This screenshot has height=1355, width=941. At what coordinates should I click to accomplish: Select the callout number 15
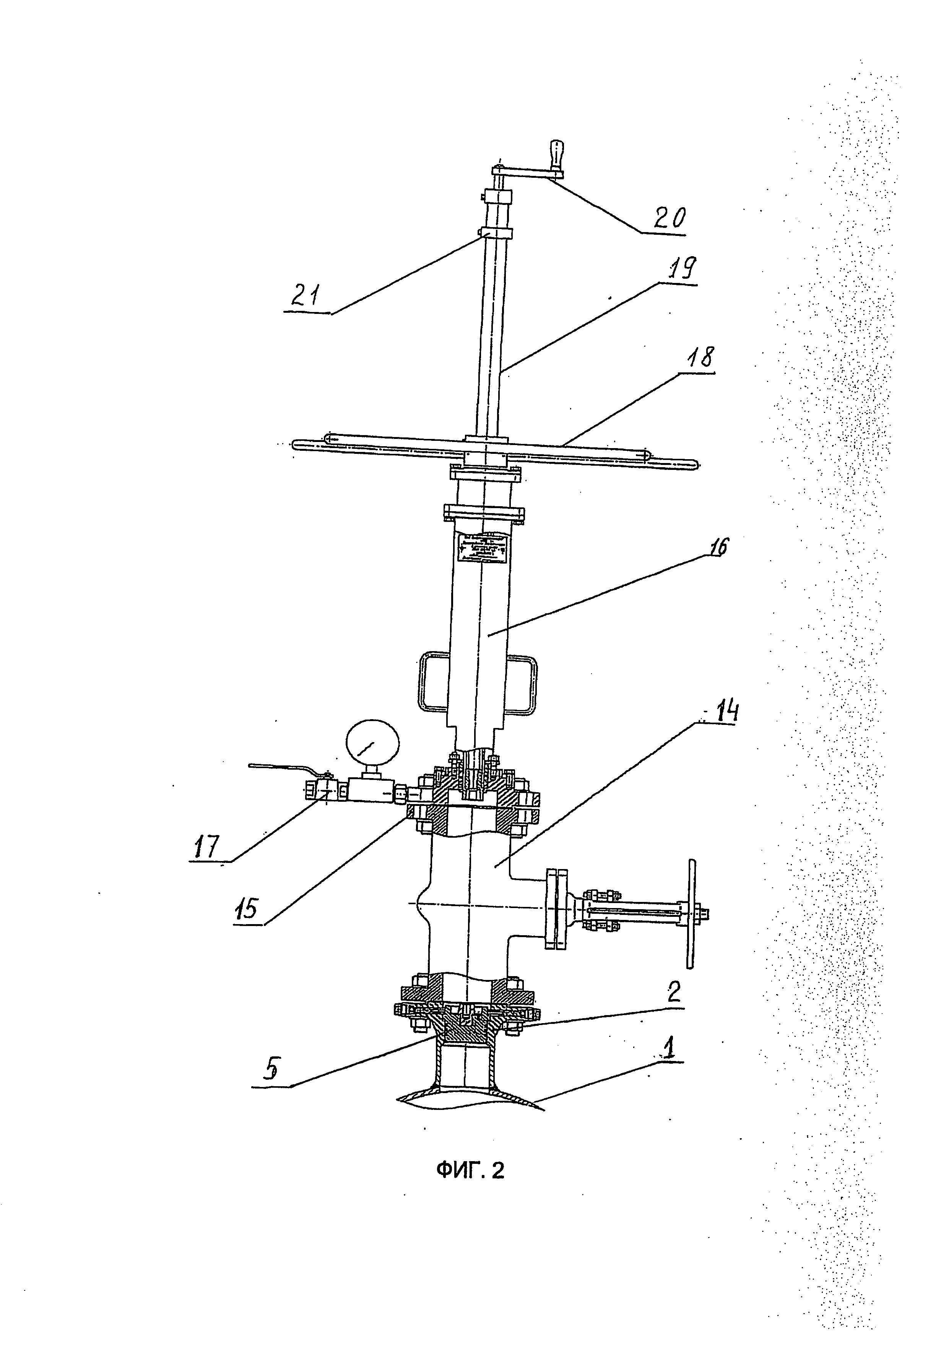click(x=248, y=909)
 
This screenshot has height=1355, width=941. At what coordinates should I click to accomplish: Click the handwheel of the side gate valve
click(x=691, y=913)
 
